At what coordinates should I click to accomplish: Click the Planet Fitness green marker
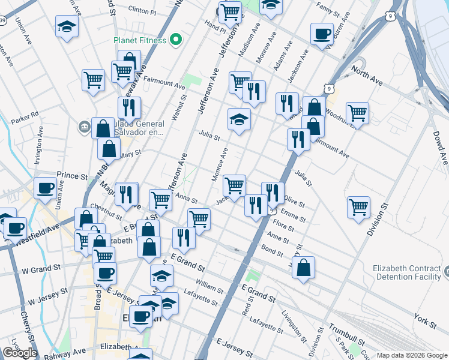[x=176, y=40]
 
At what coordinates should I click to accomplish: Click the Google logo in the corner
[x=20, y=353]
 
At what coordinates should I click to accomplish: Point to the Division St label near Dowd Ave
[x=375, y=219]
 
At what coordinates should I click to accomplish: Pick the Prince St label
[x=72, y=175]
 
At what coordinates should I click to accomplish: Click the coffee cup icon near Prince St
[x=45, y=189]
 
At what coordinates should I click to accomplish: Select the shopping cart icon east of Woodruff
[x=357, y=112]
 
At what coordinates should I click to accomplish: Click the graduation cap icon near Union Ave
[x=67, y=27]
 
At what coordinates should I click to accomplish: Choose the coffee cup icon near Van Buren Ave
[x=322, y=34]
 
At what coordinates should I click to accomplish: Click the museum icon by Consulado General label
[x=84, y=127]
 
